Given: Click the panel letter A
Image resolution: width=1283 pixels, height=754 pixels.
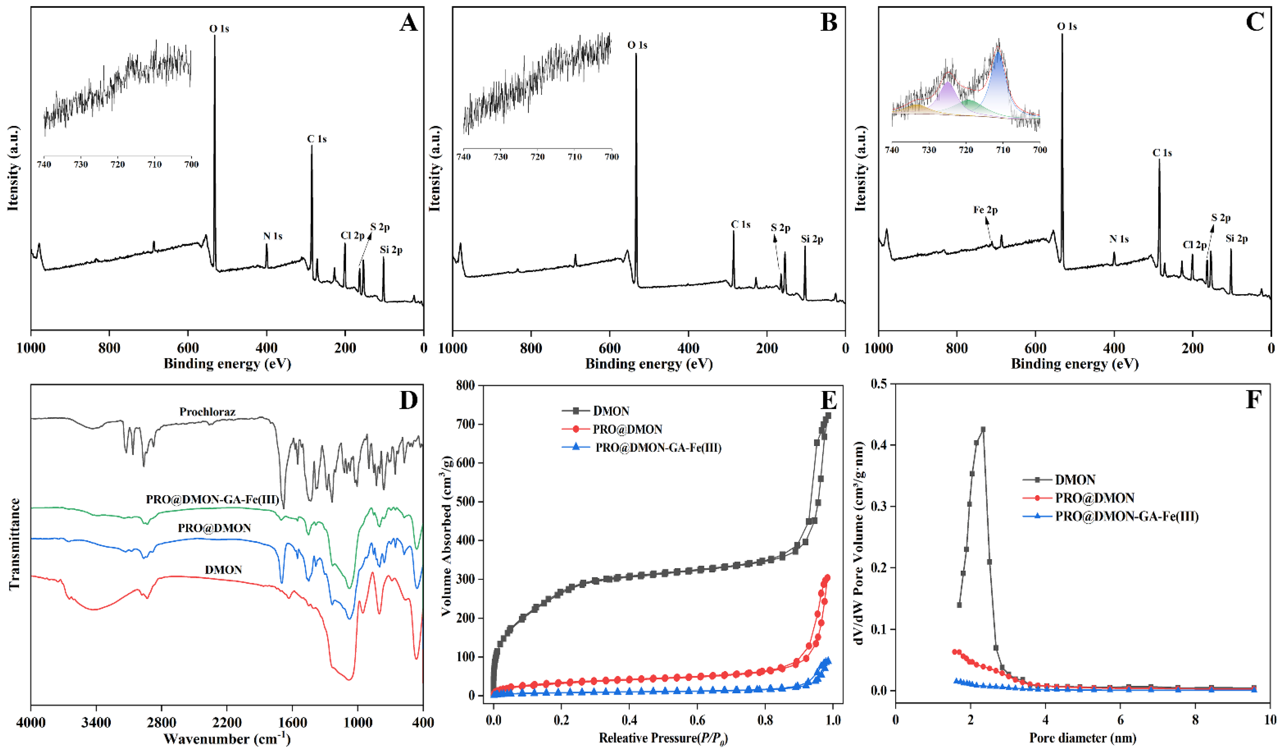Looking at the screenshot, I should click(x=408, y=23).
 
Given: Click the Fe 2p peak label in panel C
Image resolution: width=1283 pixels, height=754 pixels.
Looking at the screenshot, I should click(x=985, y=210).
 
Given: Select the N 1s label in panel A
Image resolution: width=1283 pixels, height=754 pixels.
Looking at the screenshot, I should click(x=272, y=236).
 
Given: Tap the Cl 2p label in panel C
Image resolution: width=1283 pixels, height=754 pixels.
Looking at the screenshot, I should click(x=1194, y=245).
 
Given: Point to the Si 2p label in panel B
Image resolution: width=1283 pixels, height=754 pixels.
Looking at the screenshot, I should click(x=812, y=239).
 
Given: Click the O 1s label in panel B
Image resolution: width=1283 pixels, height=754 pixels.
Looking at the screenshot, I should click(x=637, y=45).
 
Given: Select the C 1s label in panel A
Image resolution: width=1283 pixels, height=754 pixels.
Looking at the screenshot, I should click(x=316, y=139).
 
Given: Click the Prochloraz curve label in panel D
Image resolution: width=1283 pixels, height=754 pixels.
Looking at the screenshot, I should click(x=207, y=412).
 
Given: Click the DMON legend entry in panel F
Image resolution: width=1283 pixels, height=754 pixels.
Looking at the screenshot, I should click(x=1075, y=480).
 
